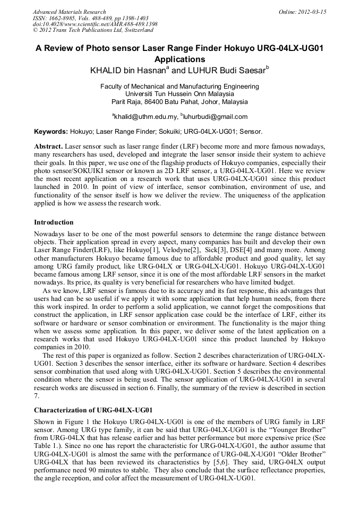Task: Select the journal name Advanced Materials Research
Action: (69, 12)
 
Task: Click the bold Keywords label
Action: (50, 131)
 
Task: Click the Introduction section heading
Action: (54, 222)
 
